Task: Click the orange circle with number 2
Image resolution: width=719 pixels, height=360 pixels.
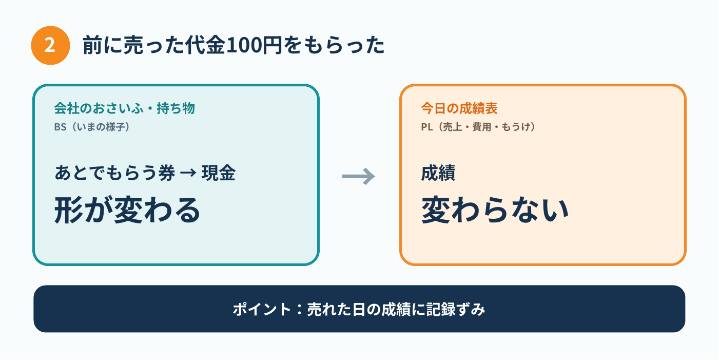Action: click(50, 45)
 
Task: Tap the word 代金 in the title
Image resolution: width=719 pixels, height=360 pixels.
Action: click(206, 45)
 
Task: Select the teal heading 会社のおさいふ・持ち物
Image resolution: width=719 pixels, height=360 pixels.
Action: click(124, 108)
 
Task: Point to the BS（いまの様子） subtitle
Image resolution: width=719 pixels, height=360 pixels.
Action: click(92, 127)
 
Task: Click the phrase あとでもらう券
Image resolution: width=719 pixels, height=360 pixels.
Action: click(115, 173)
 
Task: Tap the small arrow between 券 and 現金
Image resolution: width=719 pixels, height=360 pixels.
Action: click(188, 173)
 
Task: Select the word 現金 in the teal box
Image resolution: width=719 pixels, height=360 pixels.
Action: click(218, 173)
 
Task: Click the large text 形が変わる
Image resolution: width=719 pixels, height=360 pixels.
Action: click(127, 210)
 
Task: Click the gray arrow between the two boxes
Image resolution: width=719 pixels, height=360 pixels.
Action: click(359, 176)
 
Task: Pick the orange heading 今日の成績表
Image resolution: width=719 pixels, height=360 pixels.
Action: click(459, 108)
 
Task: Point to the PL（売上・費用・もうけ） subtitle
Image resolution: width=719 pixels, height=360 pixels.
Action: click(478, 127)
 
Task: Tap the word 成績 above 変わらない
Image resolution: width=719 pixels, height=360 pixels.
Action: click(438, 173)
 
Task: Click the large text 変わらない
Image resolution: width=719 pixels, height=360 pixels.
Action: click(495, 210)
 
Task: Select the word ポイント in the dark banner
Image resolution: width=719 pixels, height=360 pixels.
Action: click(262, 309)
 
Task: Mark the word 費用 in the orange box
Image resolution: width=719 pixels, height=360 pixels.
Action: click(481, 127)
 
